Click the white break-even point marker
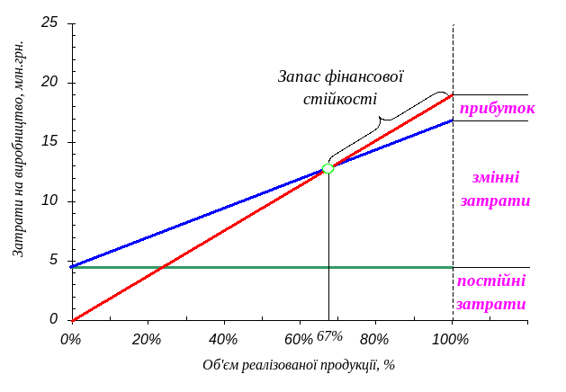tap(328, 168)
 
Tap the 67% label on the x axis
tap(330, 336)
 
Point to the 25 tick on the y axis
tap(50, 22)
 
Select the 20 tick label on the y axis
tap(50, 83)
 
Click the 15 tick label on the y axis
tap(50, 142)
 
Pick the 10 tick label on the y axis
tap(50, 201)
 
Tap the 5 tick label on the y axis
tap(54, 261)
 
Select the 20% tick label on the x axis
tap(146, 339)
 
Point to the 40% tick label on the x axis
tap(222, 339)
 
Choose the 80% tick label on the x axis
tap(374, 339)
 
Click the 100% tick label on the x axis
tap(450, 339)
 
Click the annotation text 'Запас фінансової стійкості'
tap(341, 87)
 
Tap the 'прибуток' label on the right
tap(496, 108)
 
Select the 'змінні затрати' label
tap(492, 189)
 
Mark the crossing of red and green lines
tap(158, 267)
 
